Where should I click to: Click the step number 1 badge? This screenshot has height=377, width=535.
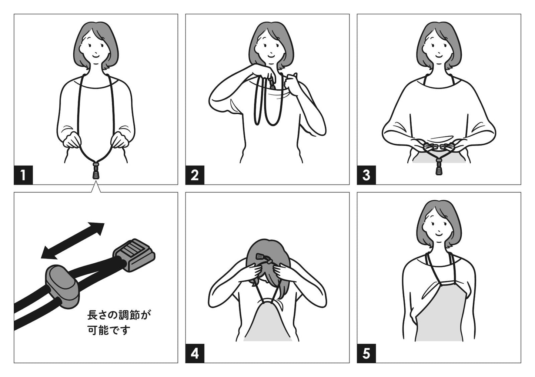click(x=23, y=175)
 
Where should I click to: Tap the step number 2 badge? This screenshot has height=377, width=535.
click(x=195, y=175)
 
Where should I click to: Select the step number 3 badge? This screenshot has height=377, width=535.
click(x=367, y=175)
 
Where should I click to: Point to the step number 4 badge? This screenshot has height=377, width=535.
click(x=195, y=353)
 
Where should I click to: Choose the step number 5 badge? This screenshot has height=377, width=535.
click(x=367, y=353)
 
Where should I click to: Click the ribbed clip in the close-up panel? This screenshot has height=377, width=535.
click(x=134, y=255)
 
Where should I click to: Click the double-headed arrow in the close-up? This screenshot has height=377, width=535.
click(x=73, y=241)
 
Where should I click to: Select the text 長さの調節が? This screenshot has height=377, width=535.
click(x=119, y=315)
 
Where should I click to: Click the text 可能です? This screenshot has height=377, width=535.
click(x=109, y=330)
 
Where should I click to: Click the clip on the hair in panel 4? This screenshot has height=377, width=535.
click(x=261, y=257)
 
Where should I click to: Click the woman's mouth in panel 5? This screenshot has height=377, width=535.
click(x=439, y=234)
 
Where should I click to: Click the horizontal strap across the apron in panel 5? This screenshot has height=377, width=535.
click(x=447, y=283)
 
